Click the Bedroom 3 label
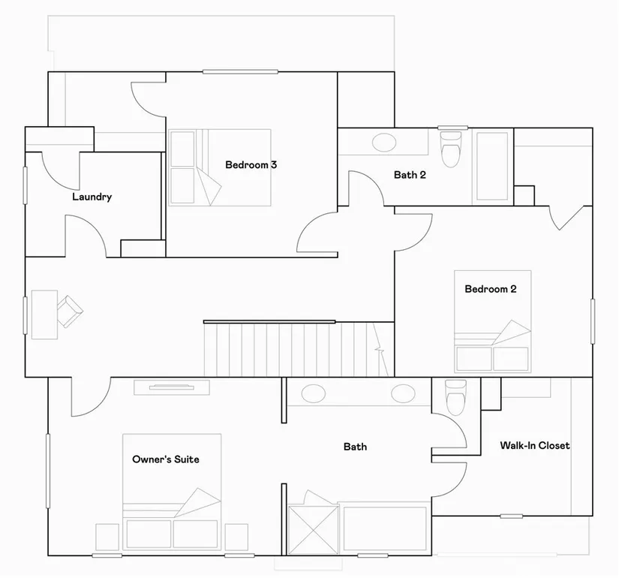[x=251, y=164]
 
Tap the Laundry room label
[x=92, y=197]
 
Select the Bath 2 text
[x=410, y=175]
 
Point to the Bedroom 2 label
[x=490, y=289]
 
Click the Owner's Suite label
[x=166, y=459]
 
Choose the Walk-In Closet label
[x=535, y=445]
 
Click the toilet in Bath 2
[x=450, y=149]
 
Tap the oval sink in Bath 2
[x=384, y=143]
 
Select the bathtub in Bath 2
[x=492, y=166]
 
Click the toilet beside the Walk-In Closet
[x=455, y=397]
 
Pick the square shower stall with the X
[x=314, y=530]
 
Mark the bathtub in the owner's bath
[x=384, y=528]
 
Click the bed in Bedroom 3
[x=220, y=167]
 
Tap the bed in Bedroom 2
[x=493, y=321]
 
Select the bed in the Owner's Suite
[x=172, y=492]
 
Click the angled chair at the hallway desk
[x=70, y=312]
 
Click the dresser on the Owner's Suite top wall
[x=172, y=387]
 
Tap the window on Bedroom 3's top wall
[x=240, y=72]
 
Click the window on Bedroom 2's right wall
[x=593, y=321]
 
